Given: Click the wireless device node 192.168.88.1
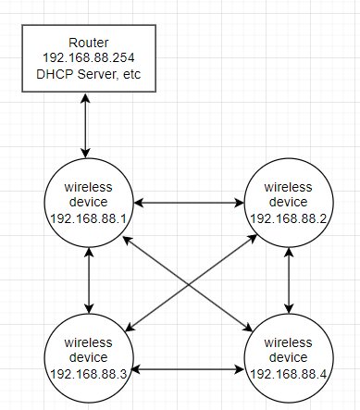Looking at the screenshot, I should point(88,200).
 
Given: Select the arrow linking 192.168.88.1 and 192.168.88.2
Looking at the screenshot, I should point(189,200).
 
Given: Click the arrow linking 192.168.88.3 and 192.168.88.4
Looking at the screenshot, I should point(189,367).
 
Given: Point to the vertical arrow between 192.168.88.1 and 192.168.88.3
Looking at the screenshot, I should point(88,279).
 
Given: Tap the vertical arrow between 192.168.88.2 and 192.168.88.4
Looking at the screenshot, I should point(291,279).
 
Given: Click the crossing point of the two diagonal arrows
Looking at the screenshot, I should point(190,278).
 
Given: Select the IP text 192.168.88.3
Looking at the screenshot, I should point(88,373).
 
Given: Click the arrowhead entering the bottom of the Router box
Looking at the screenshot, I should point(86,98).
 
